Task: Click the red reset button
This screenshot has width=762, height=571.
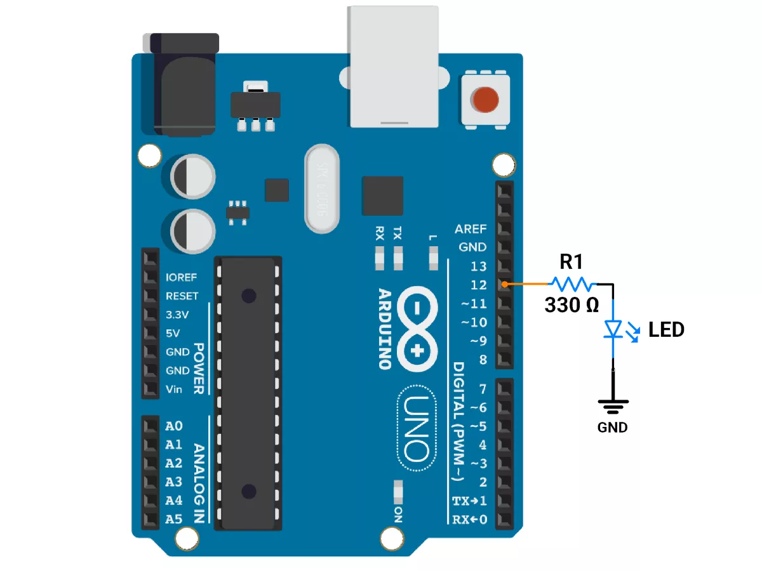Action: tap(485, 100)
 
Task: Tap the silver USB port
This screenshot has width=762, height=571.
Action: tap(394, 67)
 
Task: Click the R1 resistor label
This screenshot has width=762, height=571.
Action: tap(571, 262)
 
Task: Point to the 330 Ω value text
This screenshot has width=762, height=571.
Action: tap(571, 305)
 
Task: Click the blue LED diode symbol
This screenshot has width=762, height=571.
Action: tap(613, 329)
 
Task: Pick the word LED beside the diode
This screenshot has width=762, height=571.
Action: tap(667, 329)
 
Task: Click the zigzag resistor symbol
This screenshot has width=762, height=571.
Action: tap(573, 284)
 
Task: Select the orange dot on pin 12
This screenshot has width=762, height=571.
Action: tap(505, 285)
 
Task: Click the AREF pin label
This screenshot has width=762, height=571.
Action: tap(471, 229)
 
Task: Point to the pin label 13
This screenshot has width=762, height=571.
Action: tap(479, 266)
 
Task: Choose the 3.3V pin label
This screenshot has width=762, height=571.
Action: tap(177, 315)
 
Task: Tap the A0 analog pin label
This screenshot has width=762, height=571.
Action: tap(173, 426)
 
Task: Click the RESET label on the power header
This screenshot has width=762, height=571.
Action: tap(182, 296)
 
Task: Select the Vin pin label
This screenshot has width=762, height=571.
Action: tap(174, 390)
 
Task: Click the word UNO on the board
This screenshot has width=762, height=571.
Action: tap(417, 428)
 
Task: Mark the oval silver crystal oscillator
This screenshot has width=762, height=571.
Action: tap(322, 189)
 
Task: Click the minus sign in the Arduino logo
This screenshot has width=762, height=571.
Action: tap(417, 308)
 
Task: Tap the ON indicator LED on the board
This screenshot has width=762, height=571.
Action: tap(398, 492)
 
